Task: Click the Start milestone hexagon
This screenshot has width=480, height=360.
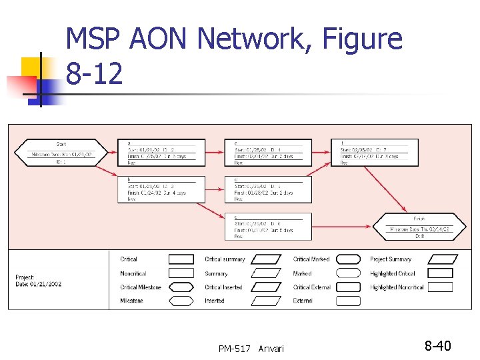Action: [x=61, y=152]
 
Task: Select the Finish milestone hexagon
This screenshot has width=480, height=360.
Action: [x=419, y=227]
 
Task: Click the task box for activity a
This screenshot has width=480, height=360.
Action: [x=161, y=152]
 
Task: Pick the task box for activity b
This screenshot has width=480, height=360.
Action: [x=161, y=189]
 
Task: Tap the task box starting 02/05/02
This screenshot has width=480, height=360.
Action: [x=369, y=152]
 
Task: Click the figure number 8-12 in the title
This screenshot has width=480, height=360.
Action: [x=95, y=75]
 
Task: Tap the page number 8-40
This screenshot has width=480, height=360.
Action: [x=438, y=346]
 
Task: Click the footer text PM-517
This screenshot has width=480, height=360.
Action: [x=234, y=348]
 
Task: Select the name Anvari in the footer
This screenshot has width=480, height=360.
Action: [x=271, y=348]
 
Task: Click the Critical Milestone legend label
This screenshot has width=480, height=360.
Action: [x=141, y=287]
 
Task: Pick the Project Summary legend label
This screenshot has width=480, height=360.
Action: [x=391, y=259]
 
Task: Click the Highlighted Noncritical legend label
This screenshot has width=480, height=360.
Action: [x=397, y=287]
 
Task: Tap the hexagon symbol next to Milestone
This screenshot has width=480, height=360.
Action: [x=181, y=301]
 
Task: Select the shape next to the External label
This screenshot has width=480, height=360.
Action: [x=348, y=301]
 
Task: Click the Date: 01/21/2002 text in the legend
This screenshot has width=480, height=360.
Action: [x=39, y=284]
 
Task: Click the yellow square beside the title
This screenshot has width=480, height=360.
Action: [x=31, y=67]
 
